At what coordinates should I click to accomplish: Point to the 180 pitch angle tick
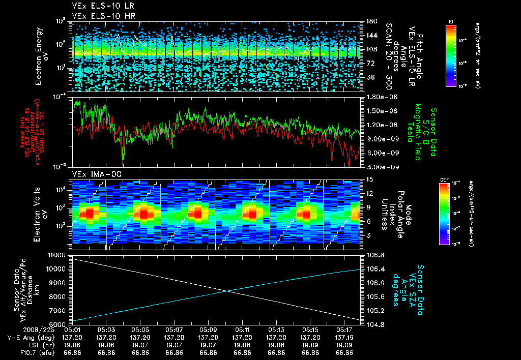click(x=368, y=21)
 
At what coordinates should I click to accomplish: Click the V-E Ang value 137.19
click(x=345, y=337)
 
